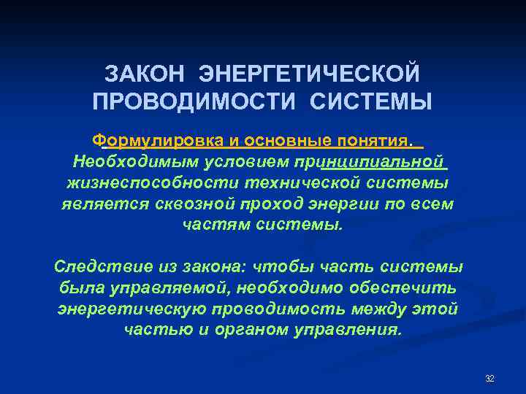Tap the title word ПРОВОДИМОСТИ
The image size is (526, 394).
195,101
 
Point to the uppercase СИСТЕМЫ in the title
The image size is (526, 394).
371,101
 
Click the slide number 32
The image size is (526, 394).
489,378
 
